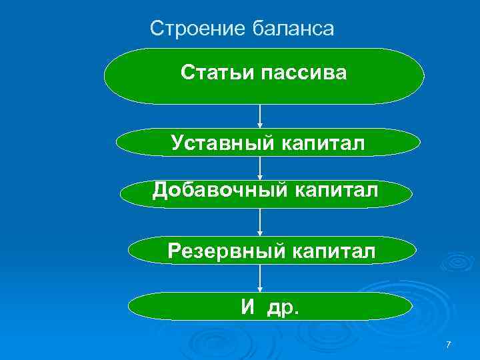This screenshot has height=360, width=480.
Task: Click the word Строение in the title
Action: click(x=197, y=29)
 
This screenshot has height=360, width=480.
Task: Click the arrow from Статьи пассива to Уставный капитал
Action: click(x=260, y=117)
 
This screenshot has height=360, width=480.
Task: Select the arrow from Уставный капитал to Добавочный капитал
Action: click(x=260, y=168)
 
